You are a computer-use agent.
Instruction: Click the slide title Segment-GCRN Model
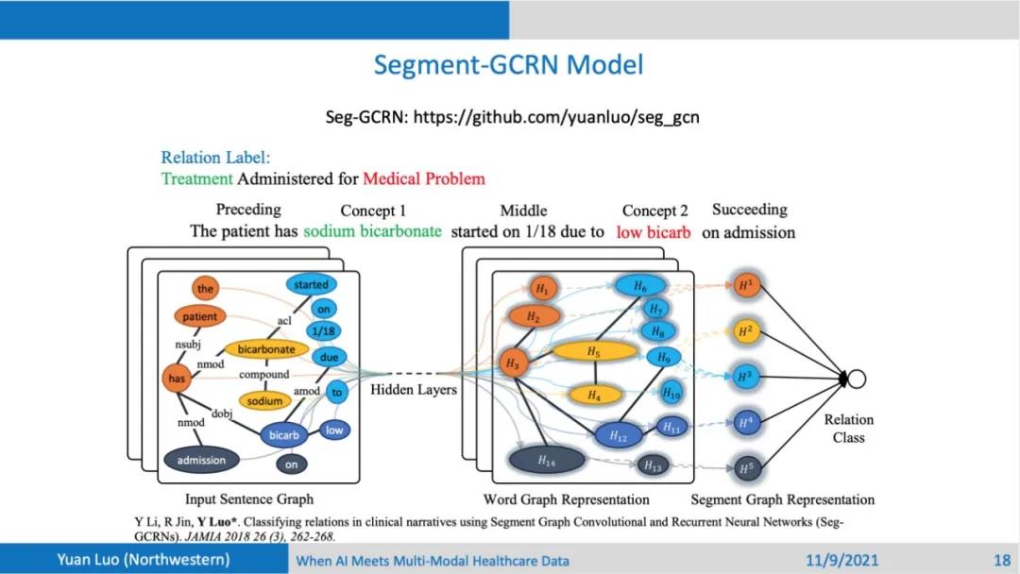click(x=508, y=65)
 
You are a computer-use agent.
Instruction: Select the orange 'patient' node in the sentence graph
click(x=199, y=316)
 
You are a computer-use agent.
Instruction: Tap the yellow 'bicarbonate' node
click(x=265, y=349)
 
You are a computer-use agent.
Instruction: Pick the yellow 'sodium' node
click(x=264, y=400)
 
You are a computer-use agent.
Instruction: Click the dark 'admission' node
click(x=201, y=460)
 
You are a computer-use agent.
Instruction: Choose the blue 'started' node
click(x=311, y=284)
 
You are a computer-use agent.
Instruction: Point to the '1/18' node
click(x=323, y=330)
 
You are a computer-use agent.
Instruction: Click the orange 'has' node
click(x=176, y=378)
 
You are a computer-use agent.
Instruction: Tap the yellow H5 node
click(x=593, y=352)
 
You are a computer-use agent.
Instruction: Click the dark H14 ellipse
click(x=546, y=461)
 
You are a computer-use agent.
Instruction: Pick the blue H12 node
click(x=618, y=436)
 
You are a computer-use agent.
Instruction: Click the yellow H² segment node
click(x=745, y=330)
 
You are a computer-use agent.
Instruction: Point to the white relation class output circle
click(x=856, y=379)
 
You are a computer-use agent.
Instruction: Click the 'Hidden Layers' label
click(x=413, y=389)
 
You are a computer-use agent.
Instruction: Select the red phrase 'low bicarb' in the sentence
click(x=654, y=232)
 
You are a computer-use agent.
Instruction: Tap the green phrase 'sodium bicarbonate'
click(x=372, y=231)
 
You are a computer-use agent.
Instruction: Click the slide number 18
click(x=1002, y=561)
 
